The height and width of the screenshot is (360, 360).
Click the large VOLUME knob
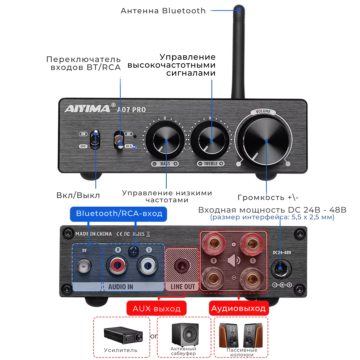point(266,141)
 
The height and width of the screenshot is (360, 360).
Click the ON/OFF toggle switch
point(96,139)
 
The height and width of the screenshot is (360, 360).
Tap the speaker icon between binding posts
point(234,260)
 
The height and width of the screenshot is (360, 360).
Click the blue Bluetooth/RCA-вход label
point(118,214)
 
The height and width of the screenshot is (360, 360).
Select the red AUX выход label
point(156,308)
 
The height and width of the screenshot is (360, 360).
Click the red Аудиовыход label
point(239,308)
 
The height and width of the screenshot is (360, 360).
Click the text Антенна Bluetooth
point(163,11)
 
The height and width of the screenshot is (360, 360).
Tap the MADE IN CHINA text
point(93,234)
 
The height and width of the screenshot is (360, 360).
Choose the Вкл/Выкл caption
point(78,195)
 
